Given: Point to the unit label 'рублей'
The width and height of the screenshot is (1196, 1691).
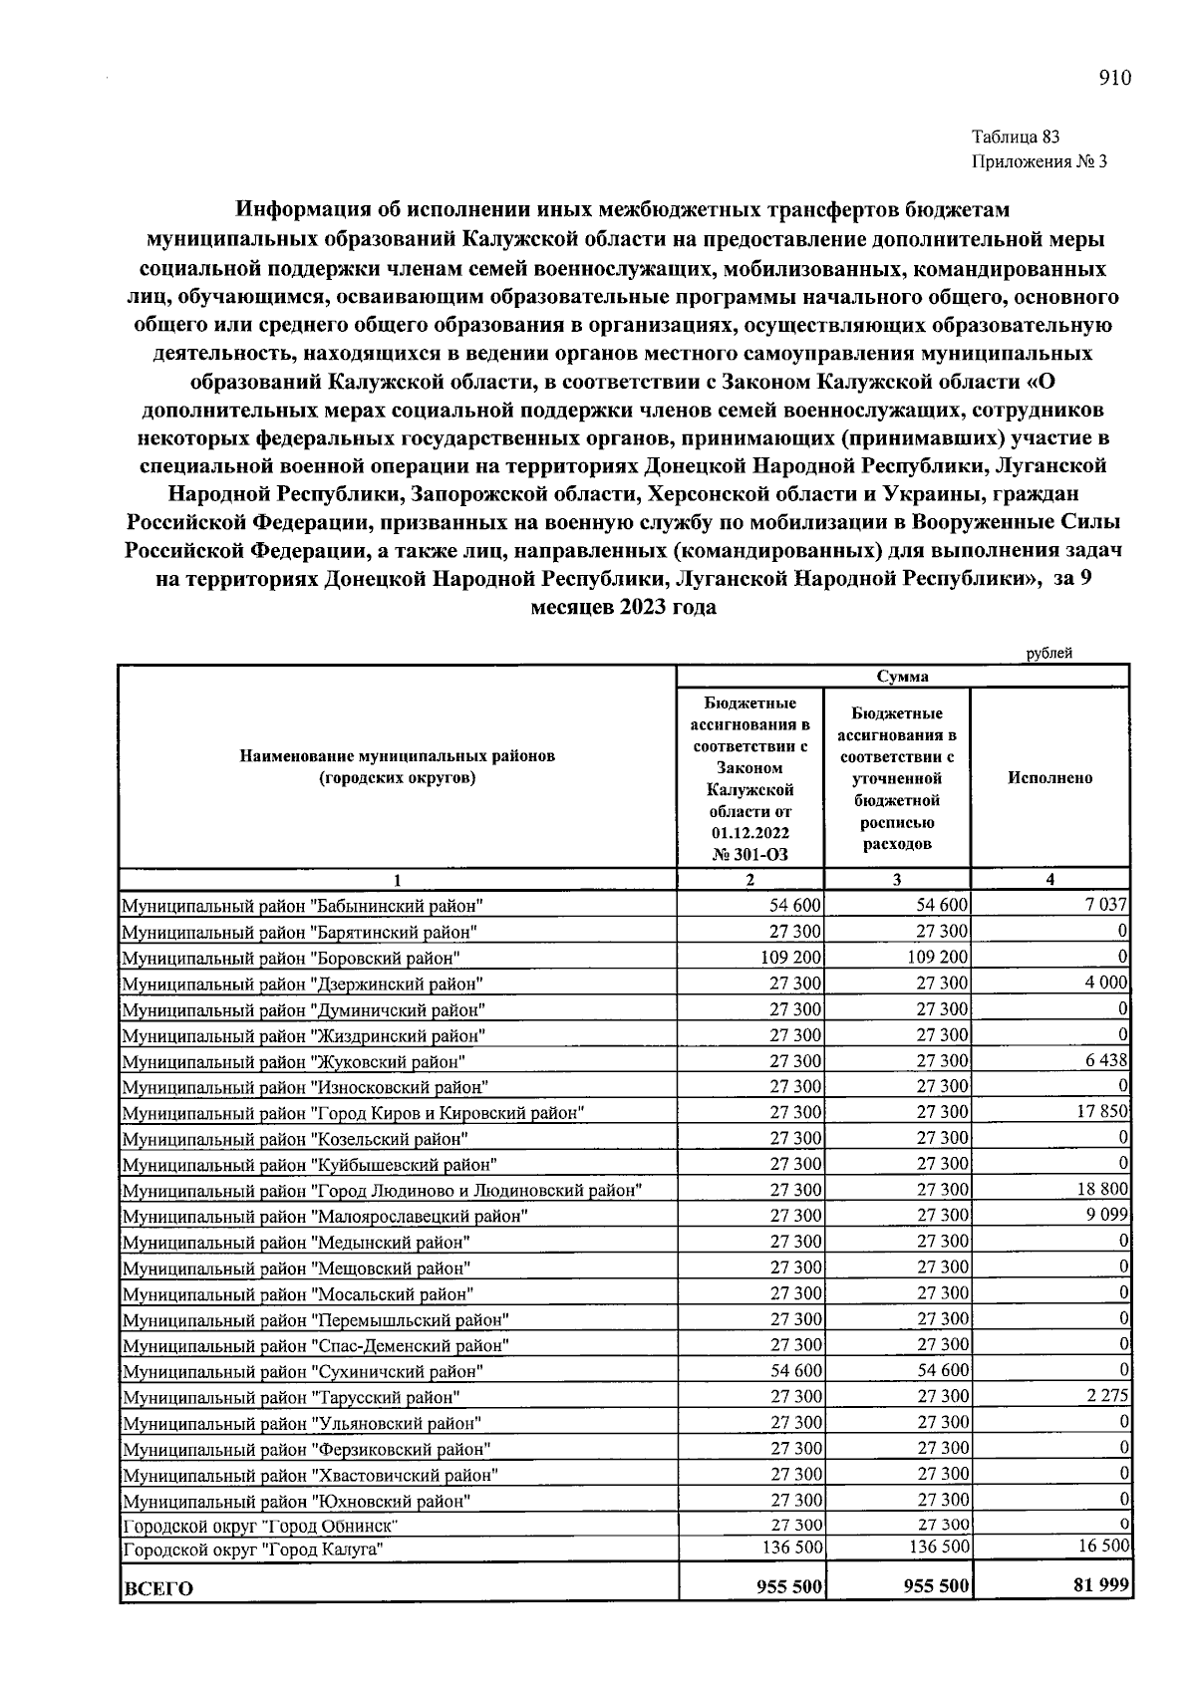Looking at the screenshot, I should tap(1049, 654).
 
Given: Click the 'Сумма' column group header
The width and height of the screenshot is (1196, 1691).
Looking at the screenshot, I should tap(902, 677).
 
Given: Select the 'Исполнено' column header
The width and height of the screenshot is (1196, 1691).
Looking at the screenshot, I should tap(1049, 778).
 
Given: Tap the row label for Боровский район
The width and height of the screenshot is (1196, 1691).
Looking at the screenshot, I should tap(290, 959).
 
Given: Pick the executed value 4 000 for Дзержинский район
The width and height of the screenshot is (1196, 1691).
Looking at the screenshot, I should tap(1106, 983).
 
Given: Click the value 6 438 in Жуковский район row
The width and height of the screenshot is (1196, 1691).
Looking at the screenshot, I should tap(1106, 1060).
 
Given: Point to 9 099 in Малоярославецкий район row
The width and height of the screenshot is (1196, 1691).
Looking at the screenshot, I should tap(1106, 1215).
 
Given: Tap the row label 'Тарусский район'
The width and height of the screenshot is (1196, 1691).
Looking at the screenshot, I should tap(290, 1398).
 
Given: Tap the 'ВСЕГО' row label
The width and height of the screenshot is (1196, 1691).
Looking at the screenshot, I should tap(157, 1588).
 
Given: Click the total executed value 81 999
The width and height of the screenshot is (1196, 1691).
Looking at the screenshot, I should tap(1101, 1585).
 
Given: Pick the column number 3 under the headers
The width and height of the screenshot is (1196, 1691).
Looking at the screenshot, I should tap(897, 880).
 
